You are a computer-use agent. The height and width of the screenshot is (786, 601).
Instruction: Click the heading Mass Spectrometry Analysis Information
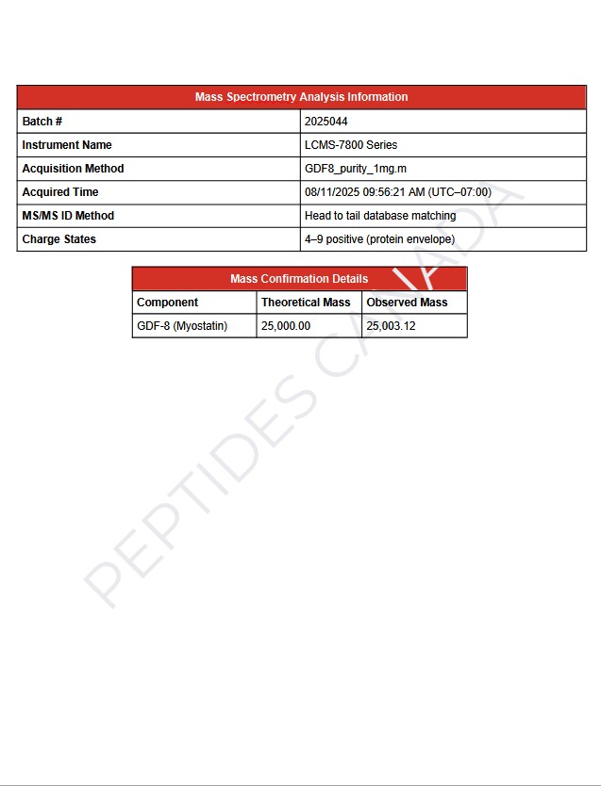tap(301, 97)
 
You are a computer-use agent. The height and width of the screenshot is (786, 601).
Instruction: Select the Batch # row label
tap(42, 122)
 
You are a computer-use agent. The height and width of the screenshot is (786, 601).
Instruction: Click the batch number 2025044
tap(326, 122)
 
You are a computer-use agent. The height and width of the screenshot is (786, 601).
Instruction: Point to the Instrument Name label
tap(66, 145)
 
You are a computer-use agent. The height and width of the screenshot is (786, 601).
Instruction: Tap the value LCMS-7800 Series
tap(350, 145)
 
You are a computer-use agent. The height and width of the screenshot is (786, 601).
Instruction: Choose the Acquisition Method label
tap(73, 169)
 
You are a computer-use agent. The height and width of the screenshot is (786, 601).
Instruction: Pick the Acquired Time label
tap(59, 192)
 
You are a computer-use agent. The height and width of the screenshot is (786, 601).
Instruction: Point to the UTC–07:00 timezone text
tap(460, 192)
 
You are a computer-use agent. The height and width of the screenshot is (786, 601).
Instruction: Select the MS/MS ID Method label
tap(67, 216)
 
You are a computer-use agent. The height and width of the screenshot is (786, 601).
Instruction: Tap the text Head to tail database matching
tap(379, 216)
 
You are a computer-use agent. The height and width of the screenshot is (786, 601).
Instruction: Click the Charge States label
tap(58, 239)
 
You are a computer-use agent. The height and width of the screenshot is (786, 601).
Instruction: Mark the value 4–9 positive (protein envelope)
tap(379, 239)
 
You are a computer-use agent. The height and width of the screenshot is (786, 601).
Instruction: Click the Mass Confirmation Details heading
tap(299, 279)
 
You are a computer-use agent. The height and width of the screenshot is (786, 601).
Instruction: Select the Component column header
tap(167, 303)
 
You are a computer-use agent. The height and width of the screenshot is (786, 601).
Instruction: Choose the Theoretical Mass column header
tap(306, 303)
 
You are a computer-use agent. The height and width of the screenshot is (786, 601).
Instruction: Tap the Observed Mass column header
tap(407, 303)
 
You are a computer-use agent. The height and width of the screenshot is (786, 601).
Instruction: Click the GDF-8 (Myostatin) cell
tap(182, 326)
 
